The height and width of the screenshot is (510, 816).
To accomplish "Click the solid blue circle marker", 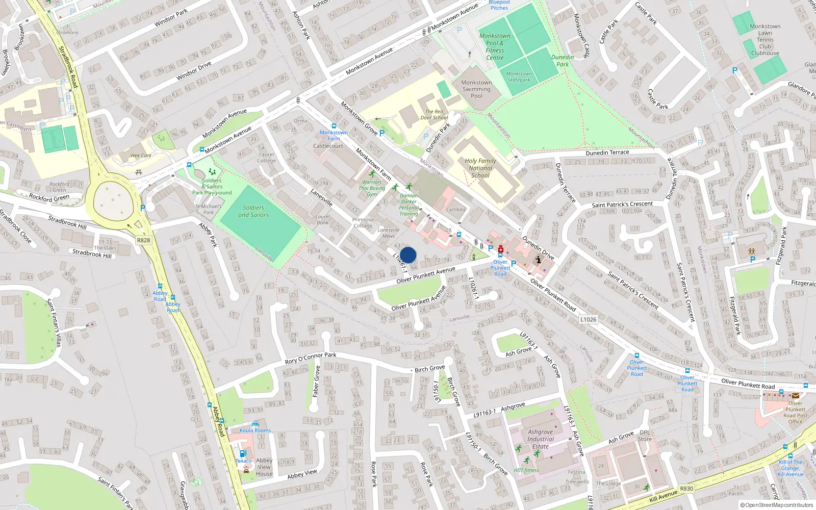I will [x=408, y=255].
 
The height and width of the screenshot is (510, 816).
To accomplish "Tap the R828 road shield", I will [x=143, y=240].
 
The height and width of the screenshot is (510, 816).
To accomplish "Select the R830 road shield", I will [x=686, y=489].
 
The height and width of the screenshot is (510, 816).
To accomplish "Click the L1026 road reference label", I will [x=588, y=319].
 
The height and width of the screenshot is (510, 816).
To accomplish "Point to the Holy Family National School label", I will [x=480, y=168].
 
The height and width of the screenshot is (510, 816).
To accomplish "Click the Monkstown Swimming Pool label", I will [x=476, y=89].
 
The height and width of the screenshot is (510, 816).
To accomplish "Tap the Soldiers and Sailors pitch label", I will [x=253, y=211].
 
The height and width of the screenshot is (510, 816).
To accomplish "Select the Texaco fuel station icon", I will [x=243, y=453].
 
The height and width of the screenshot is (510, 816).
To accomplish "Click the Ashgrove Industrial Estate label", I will [x=541, y=439].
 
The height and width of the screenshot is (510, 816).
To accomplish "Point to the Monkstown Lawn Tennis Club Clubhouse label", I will [x=764, y=40].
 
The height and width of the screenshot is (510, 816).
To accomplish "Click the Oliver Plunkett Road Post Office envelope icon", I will [x=795, y=395].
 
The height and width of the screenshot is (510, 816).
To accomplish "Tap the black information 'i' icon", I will [x=538, y=260].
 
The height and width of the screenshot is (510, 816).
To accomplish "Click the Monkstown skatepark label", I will [x=519, y=77].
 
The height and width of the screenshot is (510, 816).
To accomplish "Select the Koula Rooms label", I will [x=255, y=430].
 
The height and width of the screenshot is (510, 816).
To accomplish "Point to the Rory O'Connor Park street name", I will [x=311, y=358].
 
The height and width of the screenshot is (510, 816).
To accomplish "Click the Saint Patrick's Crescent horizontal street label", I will [x=622, y=204].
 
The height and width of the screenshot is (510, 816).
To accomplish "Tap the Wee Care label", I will [x=141, y=156].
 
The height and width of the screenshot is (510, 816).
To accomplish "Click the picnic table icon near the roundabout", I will [x=139, y=172].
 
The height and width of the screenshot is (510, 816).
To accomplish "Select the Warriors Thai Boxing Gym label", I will [x=372, y=188].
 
